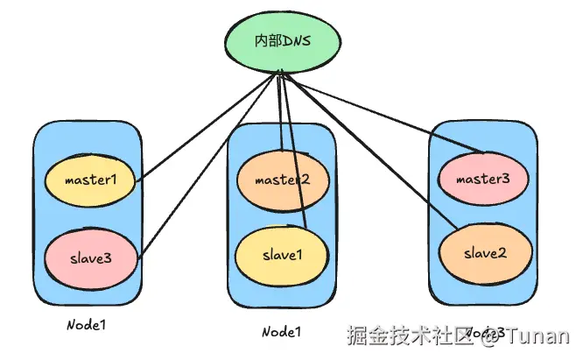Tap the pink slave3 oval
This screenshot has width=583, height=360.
(x=91, y=257)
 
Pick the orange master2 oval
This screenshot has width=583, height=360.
(x=282, y=180)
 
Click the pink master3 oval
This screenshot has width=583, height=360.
(x=481, y=180)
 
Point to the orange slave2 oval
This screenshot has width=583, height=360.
(x=484, y=252)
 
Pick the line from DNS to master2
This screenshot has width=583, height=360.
(x=280, y=114)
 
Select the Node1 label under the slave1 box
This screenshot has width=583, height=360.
(x=282, y=332)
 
